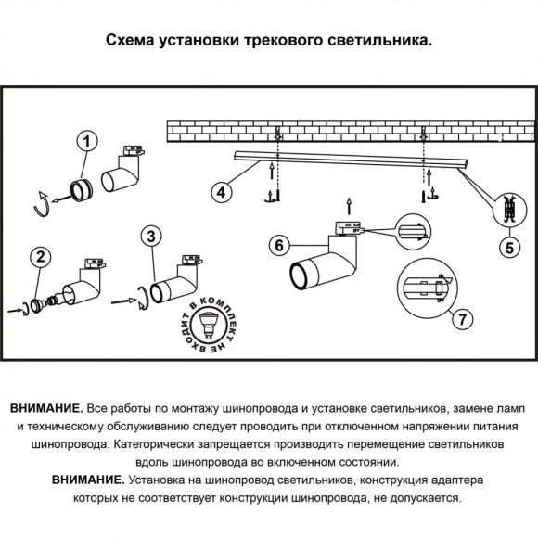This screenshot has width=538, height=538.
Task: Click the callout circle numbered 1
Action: [85, 142]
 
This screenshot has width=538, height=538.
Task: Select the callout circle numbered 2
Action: [39, 258]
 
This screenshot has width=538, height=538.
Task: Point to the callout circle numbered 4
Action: [222, 192]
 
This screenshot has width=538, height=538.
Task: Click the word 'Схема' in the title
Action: [133, 42]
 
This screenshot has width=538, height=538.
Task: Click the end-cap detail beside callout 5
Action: [506, 210]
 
